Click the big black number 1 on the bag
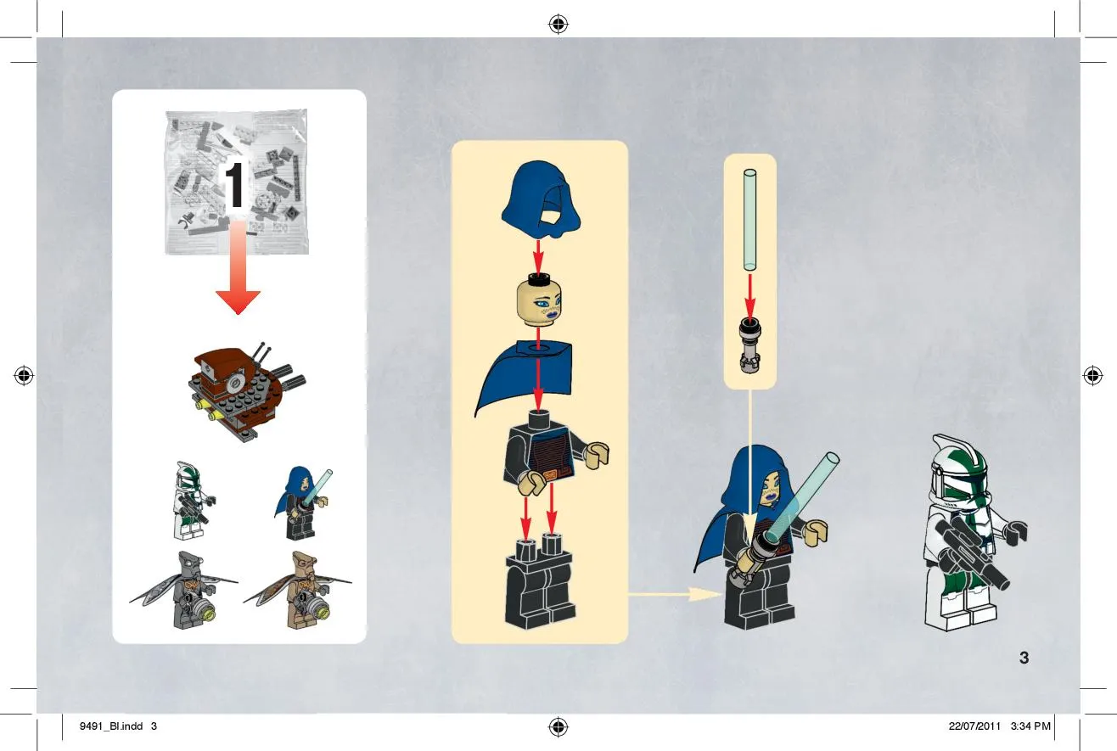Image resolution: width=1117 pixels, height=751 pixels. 234,186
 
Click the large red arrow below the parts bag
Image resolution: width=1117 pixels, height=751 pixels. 238,269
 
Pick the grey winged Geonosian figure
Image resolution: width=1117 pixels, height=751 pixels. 185,590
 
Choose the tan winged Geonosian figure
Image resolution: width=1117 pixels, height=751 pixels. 299,590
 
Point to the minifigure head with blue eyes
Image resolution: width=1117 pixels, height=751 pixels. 538,303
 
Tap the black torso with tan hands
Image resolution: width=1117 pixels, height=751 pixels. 553,453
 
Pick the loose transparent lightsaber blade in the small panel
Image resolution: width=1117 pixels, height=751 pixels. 749,220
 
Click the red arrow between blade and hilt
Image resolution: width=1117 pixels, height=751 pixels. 750,295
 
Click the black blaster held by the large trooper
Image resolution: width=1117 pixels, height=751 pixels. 971,554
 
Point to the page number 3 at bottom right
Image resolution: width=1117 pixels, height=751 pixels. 1024,658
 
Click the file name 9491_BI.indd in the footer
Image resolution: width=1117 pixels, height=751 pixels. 111,726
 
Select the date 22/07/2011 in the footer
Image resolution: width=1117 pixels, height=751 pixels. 974,726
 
